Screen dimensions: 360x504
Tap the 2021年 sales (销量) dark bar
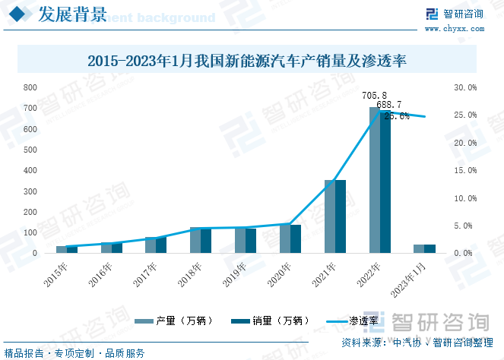(340, 216)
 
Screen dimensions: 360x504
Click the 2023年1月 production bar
(419, 248)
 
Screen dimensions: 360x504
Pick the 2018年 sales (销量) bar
(206, 240)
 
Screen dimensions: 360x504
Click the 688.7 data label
(389, 105)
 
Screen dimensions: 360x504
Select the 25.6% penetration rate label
(397, 116)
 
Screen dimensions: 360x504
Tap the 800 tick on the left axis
(31, 87)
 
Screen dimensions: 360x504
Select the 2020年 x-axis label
(280, 273)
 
